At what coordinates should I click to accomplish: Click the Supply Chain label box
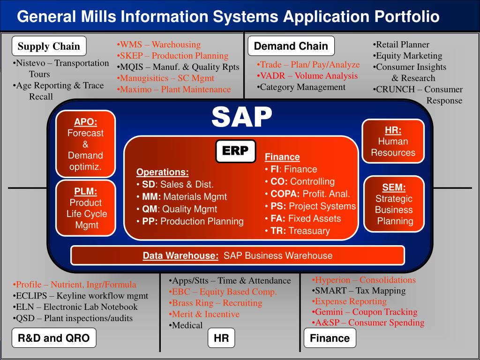(49, 46)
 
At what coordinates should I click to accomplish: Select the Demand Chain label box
(291, 46)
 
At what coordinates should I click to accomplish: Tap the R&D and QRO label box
(54, 338)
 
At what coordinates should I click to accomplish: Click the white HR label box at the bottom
(221, 338)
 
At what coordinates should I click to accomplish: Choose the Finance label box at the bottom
(330, 338)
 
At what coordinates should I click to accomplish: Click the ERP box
(235, 151)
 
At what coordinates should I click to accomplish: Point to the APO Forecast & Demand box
(85, 144)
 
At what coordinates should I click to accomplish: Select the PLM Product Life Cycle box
(85, 208)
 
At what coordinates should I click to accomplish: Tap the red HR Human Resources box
(393, 141)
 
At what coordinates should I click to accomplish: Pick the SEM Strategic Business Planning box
(394, 204)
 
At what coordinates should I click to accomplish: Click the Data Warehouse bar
(237, 255)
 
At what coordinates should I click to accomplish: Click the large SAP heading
(241, 117)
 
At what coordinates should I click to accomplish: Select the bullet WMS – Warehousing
(158, 45)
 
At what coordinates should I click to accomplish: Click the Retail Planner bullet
(401, 45)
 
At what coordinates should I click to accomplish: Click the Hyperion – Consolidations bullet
(364, 280)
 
